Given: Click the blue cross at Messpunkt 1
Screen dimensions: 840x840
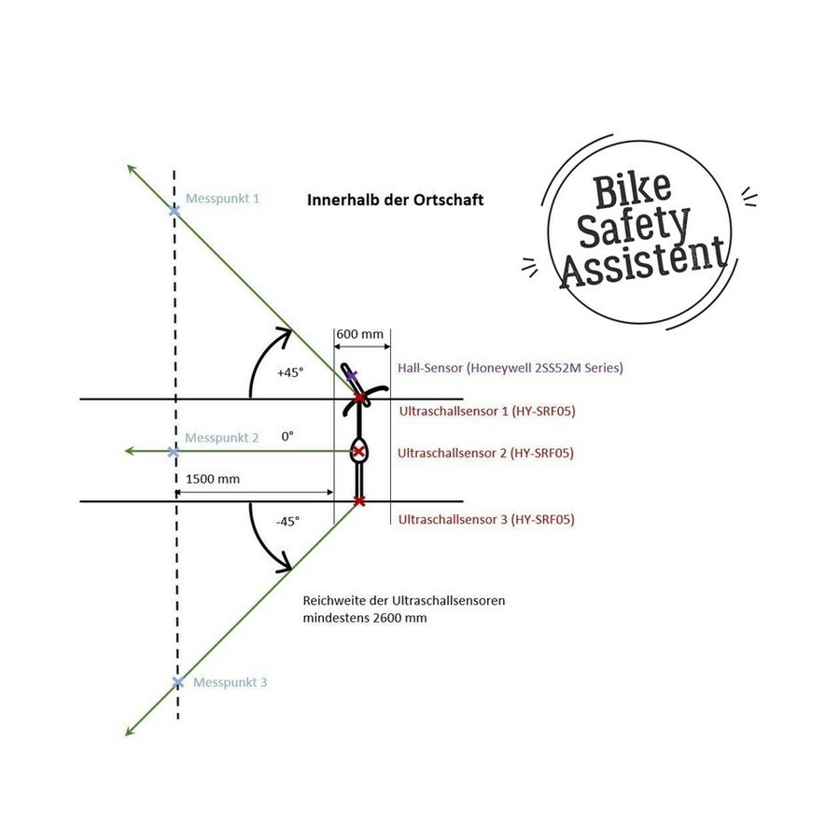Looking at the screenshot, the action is [x=175, y=211].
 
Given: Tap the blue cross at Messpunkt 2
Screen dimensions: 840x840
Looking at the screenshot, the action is [x=173, y=452].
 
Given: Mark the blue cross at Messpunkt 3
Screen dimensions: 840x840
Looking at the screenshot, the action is [x=178, y=682].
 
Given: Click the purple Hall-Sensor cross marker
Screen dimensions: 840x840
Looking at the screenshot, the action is [x=351, y=376].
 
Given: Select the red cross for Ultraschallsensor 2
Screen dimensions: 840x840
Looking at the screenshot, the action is [x=359, y=452].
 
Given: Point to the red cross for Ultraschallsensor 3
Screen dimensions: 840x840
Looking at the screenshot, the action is [x=359, y=501].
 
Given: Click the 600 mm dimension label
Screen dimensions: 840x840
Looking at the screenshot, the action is [x=360, y=334].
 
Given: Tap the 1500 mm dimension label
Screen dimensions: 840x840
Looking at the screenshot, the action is [x=213, y=479].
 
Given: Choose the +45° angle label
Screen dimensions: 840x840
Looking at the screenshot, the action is [x=290, y=372].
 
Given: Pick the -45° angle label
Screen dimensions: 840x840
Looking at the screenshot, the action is [x=287, y=521].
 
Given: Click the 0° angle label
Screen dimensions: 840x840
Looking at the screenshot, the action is [x=287, y=437].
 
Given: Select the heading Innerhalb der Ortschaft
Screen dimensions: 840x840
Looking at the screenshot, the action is [x=396, y=200].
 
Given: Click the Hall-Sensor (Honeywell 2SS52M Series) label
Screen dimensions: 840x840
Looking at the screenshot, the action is [x=510, y=368].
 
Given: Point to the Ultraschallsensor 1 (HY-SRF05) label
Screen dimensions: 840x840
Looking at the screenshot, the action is [x=487, y=412].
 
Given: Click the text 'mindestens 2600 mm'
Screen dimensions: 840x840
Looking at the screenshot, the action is [x=365, y=618].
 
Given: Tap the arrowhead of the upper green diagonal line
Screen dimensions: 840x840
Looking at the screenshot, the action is [x=130, y=168].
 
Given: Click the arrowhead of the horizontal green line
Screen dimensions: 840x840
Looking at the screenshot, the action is [x=128, y=452].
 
